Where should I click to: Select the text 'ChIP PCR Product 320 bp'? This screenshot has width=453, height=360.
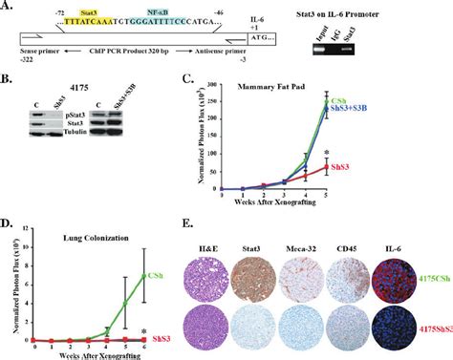coord(135,57)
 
